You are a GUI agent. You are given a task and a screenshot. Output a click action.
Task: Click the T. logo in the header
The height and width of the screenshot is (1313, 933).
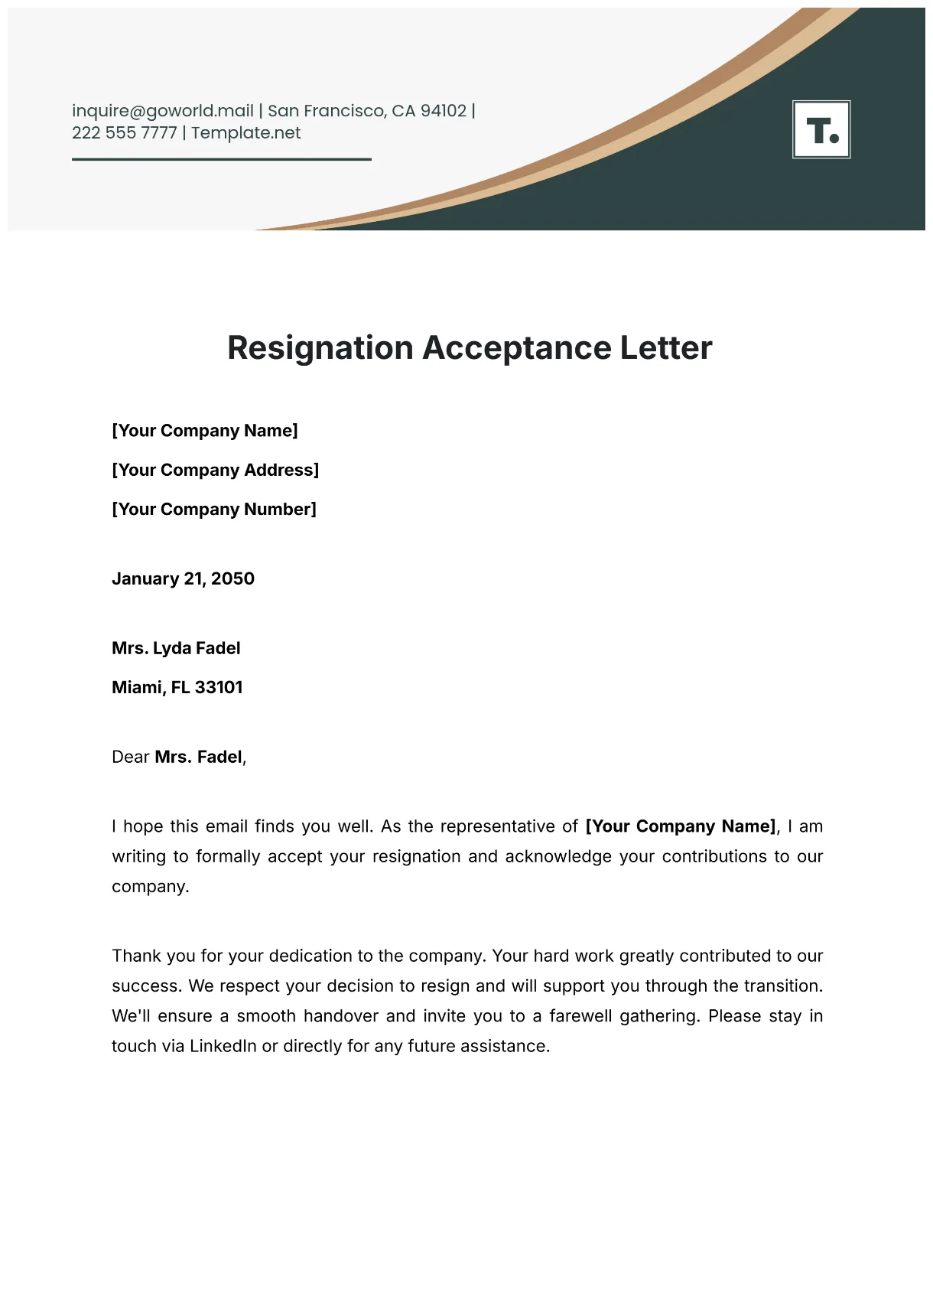click(821, 129)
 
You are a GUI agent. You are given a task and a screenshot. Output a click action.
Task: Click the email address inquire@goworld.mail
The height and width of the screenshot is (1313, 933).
click(162, 111)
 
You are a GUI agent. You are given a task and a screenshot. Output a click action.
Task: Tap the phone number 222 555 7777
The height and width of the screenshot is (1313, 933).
click(124, 133)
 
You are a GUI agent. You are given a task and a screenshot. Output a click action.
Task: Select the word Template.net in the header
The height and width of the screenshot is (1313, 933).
click(245, 133)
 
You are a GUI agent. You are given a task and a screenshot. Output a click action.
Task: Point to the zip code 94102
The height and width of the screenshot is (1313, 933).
click(444, 111)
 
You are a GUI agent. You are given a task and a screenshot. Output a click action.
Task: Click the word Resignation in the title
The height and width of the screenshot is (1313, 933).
click(320, 348)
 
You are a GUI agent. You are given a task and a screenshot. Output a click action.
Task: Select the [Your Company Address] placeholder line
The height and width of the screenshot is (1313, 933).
click(215, 470)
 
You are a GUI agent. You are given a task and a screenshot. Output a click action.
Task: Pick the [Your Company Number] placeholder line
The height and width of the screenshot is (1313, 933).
click(214, 509)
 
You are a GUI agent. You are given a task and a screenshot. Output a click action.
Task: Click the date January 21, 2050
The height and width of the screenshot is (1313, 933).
click(183, 578)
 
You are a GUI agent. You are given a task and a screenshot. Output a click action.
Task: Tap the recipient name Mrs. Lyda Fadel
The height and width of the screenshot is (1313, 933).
click(176, 648)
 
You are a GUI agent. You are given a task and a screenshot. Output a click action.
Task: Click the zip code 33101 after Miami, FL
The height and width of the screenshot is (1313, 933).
click(219, 687)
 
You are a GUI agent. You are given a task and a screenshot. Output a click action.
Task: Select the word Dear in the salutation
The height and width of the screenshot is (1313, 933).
click(131, 757)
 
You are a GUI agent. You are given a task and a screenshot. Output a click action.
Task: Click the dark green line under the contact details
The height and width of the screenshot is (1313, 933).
click(222, 159)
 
